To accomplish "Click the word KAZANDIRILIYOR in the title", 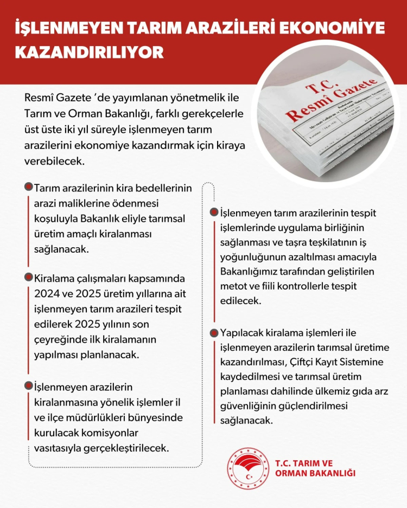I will (x=89, y=53).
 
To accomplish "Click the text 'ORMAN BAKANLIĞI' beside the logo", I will (x=315, y=474).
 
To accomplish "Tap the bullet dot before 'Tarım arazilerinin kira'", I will (x=29, y=187).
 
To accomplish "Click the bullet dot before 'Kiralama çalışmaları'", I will (x=29, y=278).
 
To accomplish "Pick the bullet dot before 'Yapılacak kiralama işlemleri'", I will (x=215, y=332).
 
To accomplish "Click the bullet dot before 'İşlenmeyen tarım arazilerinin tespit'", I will (x=215, y=213).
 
